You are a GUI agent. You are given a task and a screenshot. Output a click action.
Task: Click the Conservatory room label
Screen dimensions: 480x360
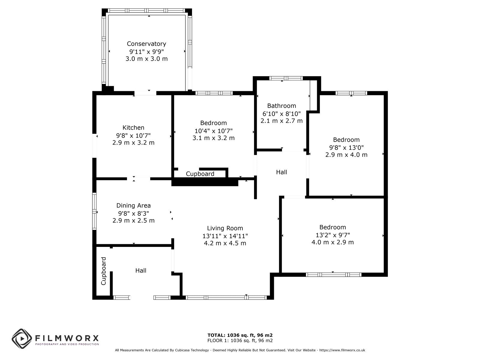[146, 44]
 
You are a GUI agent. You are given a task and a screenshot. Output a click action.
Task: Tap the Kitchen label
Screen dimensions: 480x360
[133, 128]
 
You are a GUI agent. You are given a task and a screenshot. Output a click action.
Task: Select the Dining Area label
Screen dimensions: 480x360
[133, 205]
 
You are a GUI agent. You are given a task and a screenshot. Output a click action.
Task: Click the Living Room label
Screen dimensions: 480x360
[225, 228]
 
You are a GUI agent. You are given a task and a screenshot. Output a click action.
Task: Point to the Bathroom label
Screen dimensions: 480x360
[281, 106]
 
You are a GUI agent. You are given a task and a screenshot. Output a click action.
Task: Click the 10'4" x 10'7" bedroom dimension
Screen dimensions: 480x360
[213, 131]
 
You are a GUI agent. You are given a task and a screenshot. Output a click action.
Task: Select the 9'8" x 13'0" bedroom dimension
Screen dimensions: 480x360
[346, 148]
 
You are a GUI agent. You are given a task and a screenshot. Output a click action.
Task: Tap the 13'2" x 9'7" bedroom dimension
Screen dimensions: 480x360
[333, 235]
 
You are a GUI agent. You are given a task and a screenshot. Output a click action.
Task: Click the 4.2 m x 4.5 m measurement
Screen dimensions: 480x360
[225, 243]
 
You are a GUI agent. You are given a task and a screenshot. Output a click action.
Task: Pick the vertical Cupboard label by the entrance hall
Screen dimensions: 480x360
[103, 271]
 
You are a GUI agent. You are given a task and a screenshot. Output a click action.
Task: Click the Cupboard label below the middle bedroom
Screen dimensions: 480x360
[200, 174]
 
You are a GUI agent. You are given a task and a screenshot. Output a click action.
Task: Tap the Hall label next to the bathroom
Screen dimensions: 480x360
[281, 172]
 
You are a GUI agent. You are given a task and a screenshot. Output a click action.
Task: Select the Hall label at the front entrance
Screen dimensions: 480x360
[141, 271]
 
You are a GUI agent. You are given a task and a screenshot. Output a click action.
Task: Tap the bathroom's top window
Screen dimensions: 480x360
[286, 78]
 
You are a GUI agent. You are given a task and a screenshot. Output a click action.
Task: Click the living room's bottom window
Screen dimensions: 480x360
[226, 298]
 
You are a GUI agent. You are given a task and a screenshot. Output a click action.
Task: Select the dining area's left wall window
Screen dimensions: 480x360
[94, 211]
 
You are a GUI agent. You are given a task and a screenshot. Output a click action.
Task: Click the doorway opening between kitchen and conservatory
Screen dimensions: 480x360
[145, 93]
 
